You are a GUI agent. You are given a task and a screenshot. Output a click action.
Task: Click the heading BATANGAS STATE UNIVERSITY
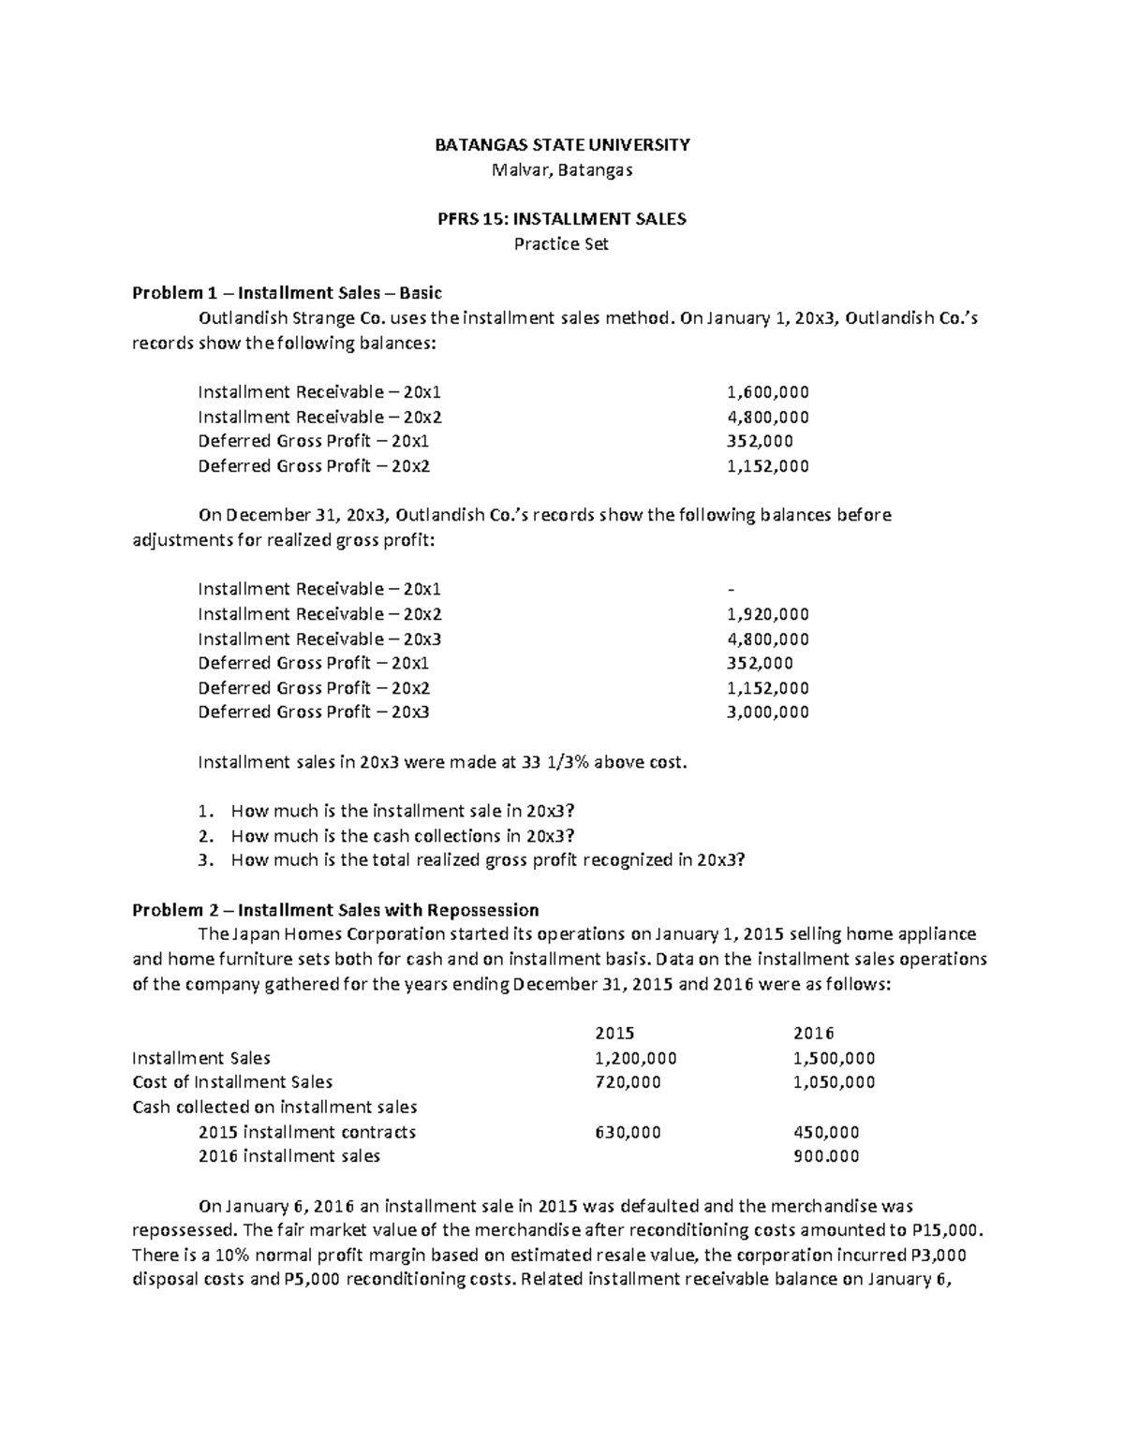pos(562,145)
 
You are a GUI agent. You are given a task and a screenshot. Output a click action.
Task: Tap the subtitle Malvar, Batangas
pos(562,170)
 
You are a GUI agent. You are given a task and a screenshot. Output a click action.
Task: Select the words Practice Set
pos(562,243)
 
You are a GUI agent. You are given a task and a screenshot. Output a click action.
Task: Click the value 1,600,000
pos(767,392)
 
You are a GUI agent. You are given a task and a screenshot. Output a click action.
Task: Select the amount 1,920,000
pos(767,614)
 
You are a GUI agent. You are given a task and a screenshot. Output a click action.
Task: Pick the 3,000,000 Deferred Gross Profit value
pos(767,712)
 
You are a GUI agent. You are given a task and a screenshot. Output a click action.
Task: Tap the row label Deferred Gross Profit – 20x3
pos(314,712)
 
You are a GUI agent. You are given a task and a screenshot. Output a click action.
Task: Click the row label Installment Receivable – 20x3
pos(319,639)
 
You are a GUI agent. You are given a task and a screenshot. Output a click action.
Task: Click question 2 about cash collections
pos(403,836)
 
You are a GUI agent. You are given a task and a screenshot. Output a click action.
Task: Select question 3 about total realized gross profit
pos(488,860)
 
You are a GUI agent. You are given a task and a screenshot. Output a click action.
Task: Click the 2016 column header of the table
pos(813,1034)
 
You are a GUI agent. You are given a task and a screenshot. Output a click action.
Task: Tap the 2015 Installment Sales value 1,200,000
pos(636,1058)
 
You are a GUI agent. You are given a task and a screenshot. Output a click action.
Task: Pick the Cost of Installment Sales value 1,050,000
pos(834,1082)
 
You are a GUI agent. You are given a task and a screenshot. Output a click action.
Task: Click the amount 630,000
pos(628,1132)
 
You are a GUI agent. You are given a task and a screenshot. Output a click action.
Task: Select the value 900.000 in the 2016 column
pos(825,1156)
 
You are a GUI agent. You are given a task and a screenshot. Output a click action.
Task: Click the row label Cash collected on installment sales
pos(274,1108)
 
